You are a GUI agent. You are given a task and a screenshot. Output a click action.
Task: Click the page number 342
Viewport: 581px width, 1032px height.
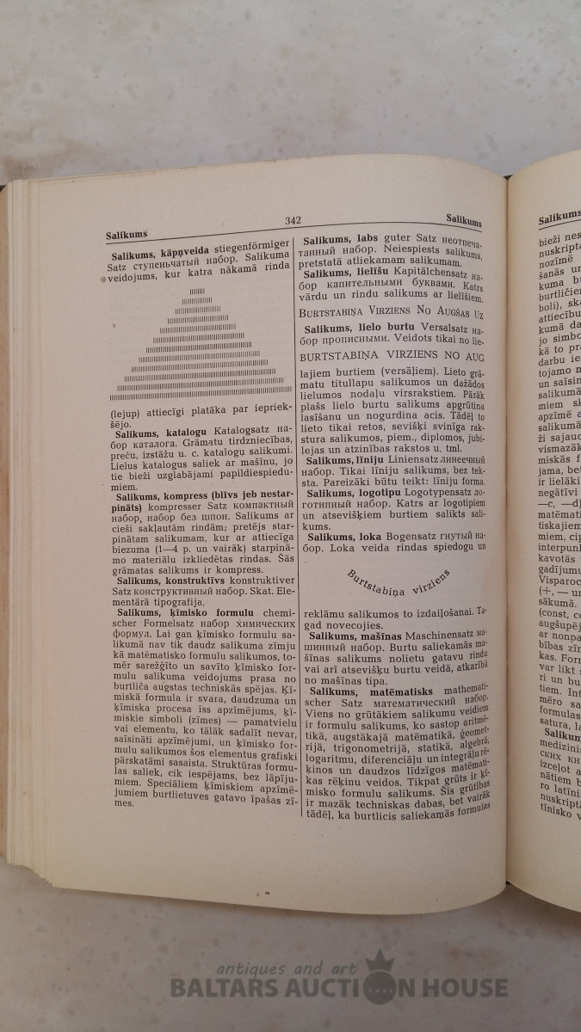[x=292, y=222]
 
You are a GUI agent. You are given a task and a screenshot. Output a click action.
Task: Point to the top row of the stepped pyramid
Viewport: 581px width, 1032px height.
[x=199, y=292]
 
